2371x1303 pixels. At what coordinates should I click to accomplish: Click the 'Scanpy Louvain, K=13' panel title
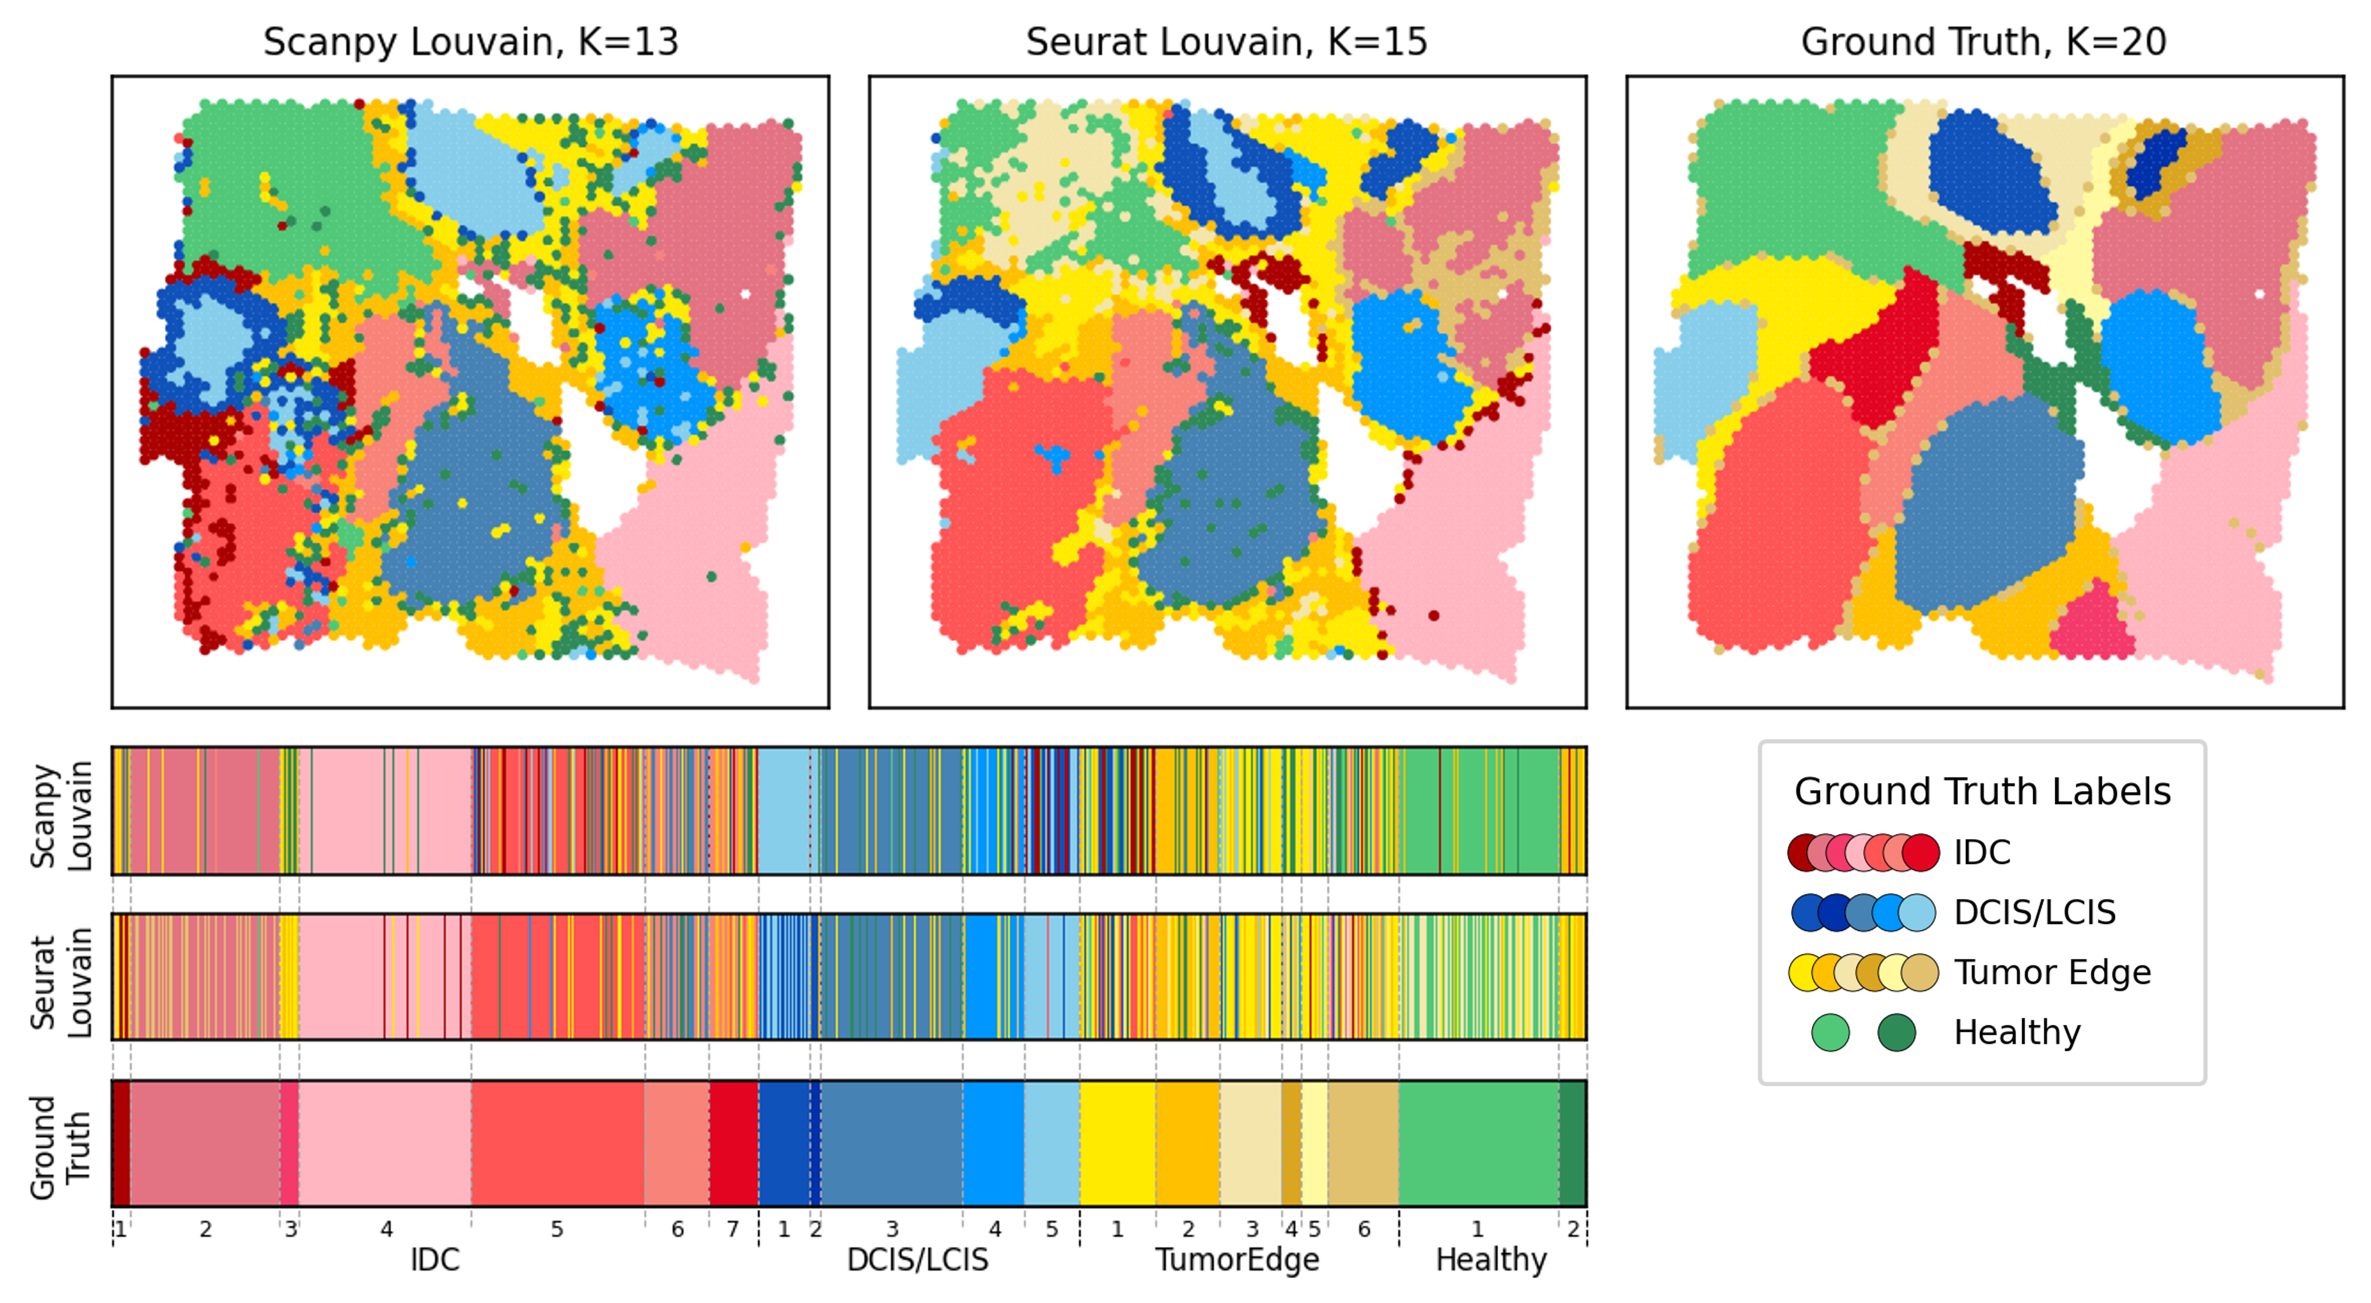[471, 42]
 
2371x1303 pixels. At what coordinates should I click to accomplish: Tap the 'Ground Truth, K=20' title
[1984, 42]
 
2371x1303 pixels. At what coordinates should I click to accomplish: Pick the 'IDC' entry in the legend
[1981, 853]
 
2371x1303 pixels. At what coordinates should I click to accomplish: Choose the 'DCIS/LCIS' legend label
[2034, 913]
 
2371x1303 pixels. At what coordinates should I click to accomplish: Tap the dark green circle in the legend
[1896, 1032]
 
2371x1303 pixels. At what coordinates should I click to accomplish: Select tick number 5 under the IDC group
[557, 1229]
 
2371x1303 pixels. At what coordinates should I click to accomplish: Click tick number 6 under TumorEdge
[1364, 1229]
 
